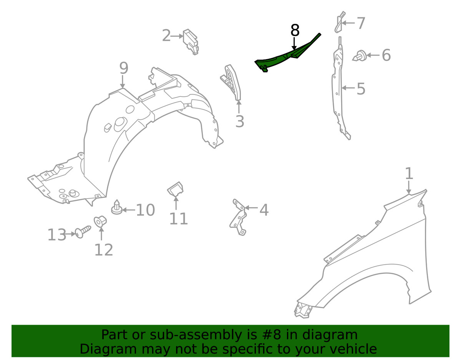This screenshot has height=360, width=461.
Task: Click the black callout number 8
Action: [x=295, y=30]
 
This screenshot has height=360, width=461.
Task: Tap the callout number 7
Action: [x=360, y=23]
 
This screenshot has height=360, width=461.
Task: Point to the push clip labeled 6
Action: [x=359, y=56]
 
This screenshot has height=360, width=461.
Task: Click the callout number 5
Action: [x=361, y=88]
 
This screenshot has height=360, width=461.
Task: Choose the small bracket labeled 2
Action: [x=191, y=42]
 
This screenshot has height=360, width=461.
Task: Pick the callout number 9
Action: [x=124, y=68]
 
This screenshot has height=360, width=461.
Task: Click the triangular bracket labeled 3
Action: [x=231, y=82]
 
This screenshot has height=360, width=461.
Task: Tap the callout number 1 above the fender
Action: [x=409, y=173]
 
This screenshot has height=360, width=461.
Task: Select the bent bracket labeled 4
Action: [x=238, y=217]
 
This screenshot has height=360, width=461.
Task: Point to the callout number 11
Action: [x=178, y=219]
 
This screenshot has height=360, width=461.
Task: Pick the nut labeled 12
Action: [x=100, y=221]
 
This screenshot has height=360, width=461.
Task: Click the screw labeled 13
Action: [x=83, y=232]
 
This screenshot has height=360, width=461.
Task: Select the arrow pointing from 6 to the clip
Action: [x=373, y=55]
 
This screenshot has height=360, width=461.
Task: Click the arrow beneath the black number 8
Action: [x=294, y=44]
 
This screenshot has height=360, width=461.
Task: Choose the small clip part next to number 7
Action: [x=340, y=22]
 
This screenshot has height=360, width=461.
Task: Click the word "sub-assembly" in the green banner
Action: [x=196, y=335]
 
